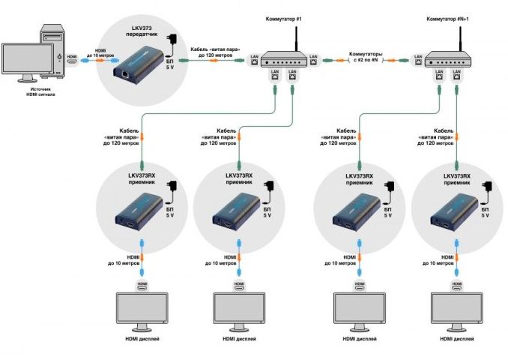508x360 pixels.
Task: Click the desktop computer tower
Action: pyautogui.click(x=51, y=46)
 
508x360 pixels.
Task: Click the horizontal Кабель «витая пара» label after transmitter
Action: pyautogui.click(x=214, y=52)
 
